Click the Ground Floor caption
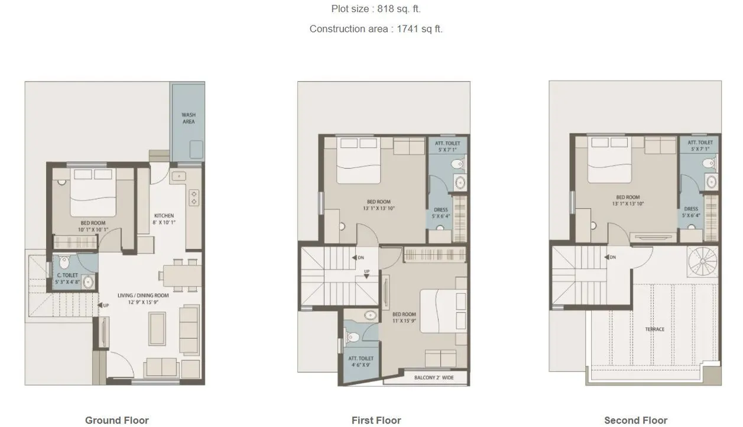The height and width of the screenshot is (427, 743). (x=116, y=420)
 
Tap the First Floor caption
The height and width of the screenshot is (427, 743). (x=376, y=420)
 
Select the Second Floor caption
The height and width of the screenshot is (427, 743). (x=635, y=420)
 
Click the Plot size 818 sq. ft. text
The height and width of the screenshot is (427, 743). (x=376, y=9)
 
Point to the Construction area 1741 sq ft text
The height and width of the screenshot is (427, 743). (x=376, y=28)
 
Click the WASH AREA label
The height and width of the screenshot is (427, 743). (x=189, y=118)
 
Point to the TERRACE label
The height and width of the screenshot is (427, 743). (x=655, y=329)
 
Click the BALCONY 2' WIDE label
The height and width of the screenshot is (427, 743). (x=434, y=378)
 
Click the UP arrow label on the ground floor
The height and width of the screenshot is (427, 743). (x=103, y=305)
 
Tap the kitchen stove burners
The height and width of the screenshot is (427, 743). (x=193, y=198)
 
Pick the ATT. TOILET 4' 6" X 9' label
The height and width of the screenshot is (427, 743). (x=361, y=361)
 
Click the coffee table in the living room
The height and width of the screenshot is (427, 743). (x=157, y=328)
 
